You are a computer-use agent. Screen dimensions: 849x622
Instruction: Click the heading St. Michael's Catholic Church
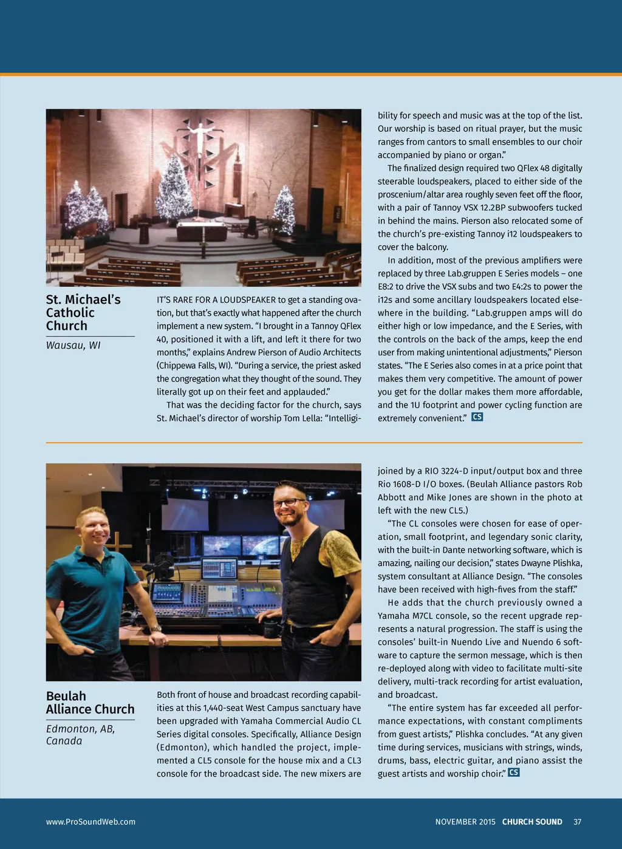[83, 313]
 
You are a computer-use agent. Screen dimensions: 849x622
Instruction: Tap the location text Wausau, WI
[73, 346]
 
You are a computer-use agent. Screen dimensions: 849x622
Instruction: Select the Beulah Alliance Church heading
[90, 703]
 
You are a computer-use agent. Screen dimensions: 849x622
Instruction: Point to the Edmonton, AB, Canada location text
[80, 735]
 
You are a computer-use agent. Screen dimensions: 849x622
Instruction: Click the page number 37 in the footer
[577, 822]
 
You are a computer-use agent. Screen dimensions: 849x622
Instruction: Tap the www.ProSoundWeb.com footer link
[91, 822]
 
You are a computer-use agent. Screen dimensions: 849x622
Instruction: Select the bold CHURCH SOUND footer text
[532, 822]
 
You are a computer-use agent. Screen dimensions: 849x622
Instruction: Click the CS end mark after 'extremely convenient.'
[477, 417]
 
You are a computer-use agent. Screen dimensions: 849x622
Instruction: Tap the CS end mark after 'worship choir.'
[514, 772]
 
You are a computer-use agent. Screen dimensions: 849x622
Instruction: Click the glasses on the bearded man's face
[288, 503]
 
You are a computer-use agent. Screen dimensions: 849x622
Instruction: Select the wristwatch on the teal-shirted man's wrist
[156, 629]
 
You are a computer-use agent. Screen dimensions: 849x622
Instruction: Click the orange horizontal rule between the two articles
[314, 443]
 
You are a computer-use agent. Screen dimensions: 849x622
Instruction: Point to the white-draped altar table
[202, 231]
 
